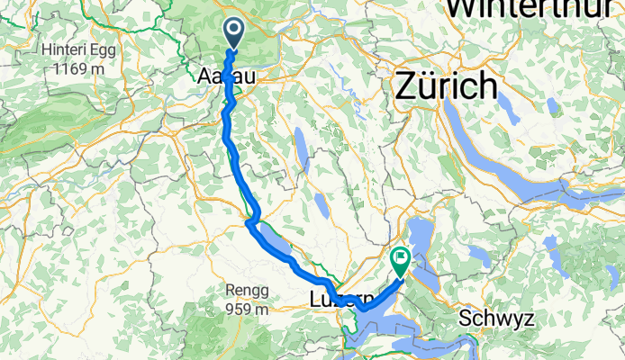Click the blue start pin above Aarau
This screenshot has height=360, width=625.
(x=233, y=34)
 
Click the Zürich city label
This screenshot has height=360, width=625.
(x=445, y=87)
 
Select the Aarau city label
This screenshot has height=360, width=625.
(x=226, y=79)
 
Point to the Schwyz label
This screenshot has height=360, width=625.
(x=496, y=319)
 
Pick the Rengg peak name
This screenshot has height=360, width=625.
(x=249, y=290)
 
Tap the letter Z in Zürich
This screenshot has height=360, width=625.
(x=404, y=87)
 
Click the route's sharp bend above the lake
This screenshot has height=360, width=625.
(x=251, y=219)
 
